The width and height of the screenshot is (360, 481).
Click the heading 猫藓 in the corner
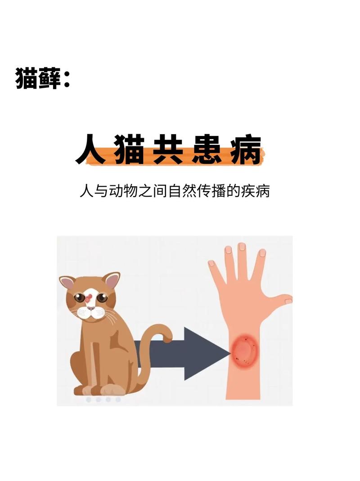coord(38,79)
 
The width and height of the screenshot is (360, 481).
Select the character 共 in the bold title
coord(168,150)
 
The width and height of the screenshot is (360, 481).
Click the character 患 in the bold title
coord(207,150)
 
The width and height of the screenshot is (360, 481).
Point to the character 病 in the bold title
coord(246,150)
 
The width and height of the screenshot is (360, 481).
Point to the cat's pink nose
coord(91,308)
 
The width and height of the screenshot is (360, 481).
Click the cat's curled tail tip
coord(167,337)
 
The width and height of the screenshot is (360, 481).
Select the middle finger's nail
coord(242,247)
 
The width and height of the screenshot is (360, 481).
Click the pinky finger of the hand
coord(217,271)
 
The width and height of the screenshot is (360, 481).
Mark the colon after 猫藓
coord(66,80)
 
